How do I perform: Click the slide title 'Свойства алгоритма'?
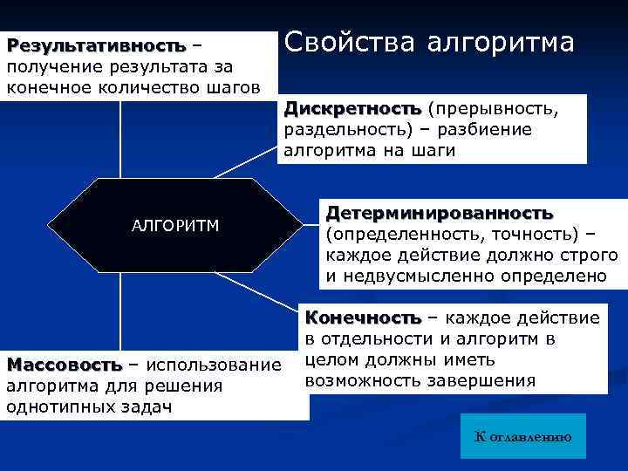[x=429, y=44]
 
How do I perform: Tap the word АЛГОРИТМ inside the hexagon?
[x=175, y=226]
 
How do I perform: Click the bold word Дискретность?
[x=352, y=109]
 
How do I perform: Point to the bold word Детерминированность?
[x=440, y=213]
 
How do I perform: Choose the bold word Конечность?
[x=362, y=317]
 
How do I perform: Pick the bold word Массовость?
[x=62, y=364]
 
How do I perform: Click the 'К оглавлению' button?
[x=522, y=436]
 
